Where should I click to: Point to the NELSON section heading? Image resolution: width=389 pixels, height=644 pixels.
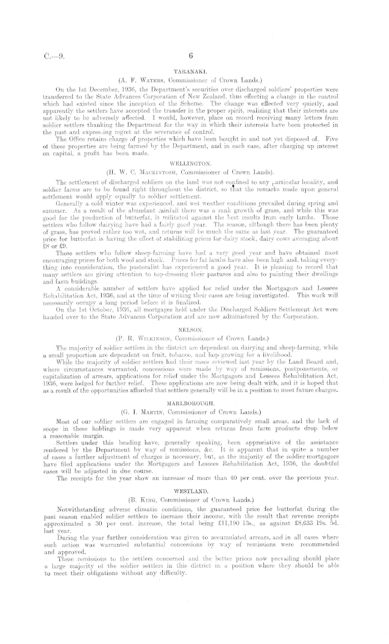click(189, 328)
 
